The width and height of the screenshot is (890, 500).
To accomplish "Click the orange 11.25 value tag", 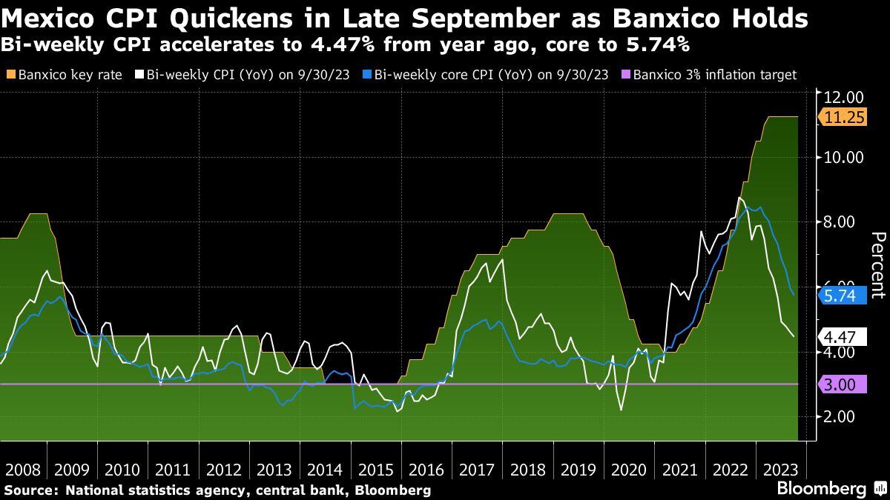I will [843, 117].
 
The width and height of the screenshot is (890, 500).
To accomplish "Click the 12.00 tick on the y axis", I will [844, 97].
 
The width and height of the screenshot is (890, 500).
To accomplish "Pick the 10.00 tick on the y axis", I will [844, 157].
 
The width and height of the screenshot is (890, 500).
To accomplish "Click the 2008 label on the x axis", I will [22, 470].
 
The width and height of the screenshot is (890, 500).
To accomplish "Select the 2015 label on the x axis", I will [376, 470].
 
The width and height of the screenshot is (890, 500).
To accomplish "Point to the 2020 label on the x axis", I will [629, 470].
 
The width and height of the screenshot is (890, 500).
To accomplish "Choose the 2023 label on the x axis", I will [780, 470].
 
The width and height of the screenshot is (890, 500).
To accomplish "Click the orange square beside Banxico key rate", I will [10, 75].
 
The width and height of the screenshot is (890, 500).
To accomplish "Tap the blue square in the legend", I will [368, 75].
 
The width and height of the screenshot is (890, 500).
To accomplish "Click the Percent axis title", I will [878, 264].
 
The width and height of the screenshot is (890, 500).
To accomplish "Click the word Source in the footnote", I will [30, 490].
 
